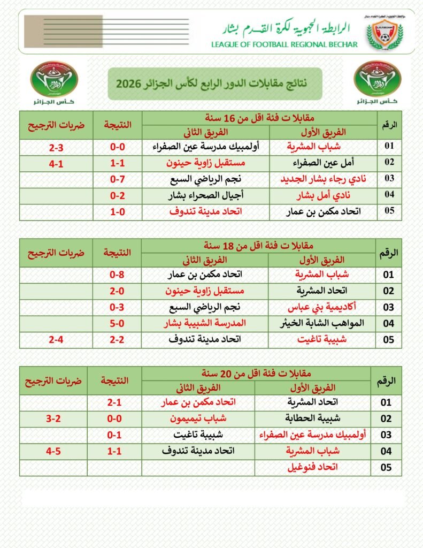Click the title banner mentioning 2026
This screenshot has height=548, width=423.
click(214, 83)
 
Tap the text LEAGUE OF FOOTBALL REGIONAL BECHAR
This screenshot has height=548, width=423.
click(284, 44)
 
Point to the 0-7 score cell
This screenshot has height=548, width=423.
click(118, 179)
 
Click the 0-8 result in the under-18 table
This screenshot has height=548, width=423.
click(117, 275)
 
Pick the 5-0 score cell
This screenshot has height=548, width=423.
click(117, 323)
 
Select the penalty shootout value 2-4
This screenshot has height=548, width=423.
click(56, 339)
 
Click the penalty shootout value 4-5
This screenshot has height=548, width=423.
click(53, 451)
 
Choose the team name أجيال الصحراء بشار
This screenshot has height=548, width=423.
click(211, 195)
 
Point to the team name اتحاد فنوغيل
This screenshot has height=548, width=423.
click(313, 467)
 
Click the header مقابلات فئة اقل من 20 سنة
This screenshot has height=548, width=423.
click(256, 372)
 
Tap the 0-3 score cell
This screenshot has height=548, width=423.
click(117, 307)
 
